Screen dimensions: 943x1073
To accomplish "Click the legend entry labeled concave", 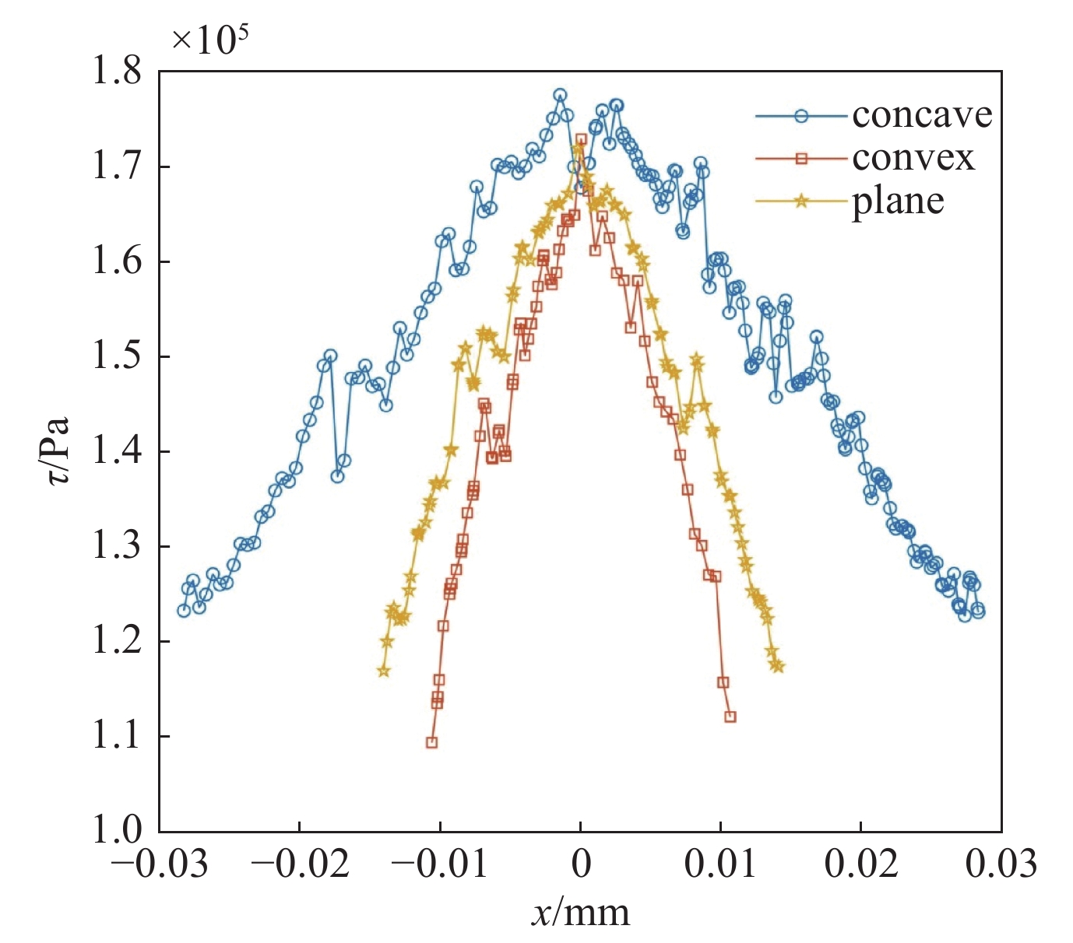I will (922, 115).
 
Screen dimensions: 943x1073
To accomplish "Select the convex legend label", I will (913, 158).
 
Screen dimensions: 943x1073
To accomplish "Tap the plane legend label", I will (898, 202).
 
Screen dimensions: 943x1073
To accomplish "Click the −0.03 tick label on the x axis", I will (160, 864).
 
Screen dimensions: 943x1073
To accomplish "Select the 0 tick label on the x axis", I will (580, 864).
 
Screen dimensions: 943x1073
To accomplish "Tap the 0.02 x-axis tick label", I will (861, 864).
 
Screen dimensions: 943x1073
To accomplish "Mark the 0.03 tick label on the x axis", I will (1001, 864).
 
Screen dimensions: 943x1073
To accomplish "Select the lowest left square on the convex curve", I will (431, 742).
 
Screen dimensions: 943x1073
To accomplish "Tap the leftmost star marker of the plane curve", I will (383, 671).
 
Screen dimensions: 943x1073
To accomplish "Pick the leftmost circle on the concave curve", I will (184, 610).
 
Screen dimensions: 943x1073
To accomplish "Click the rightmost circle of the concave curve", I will (979, 612).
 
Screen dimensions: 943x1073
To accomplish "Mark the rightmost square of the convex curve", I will (730, 717).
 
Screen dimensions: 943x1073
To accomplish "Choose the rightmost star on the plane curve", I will (778, 666).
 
